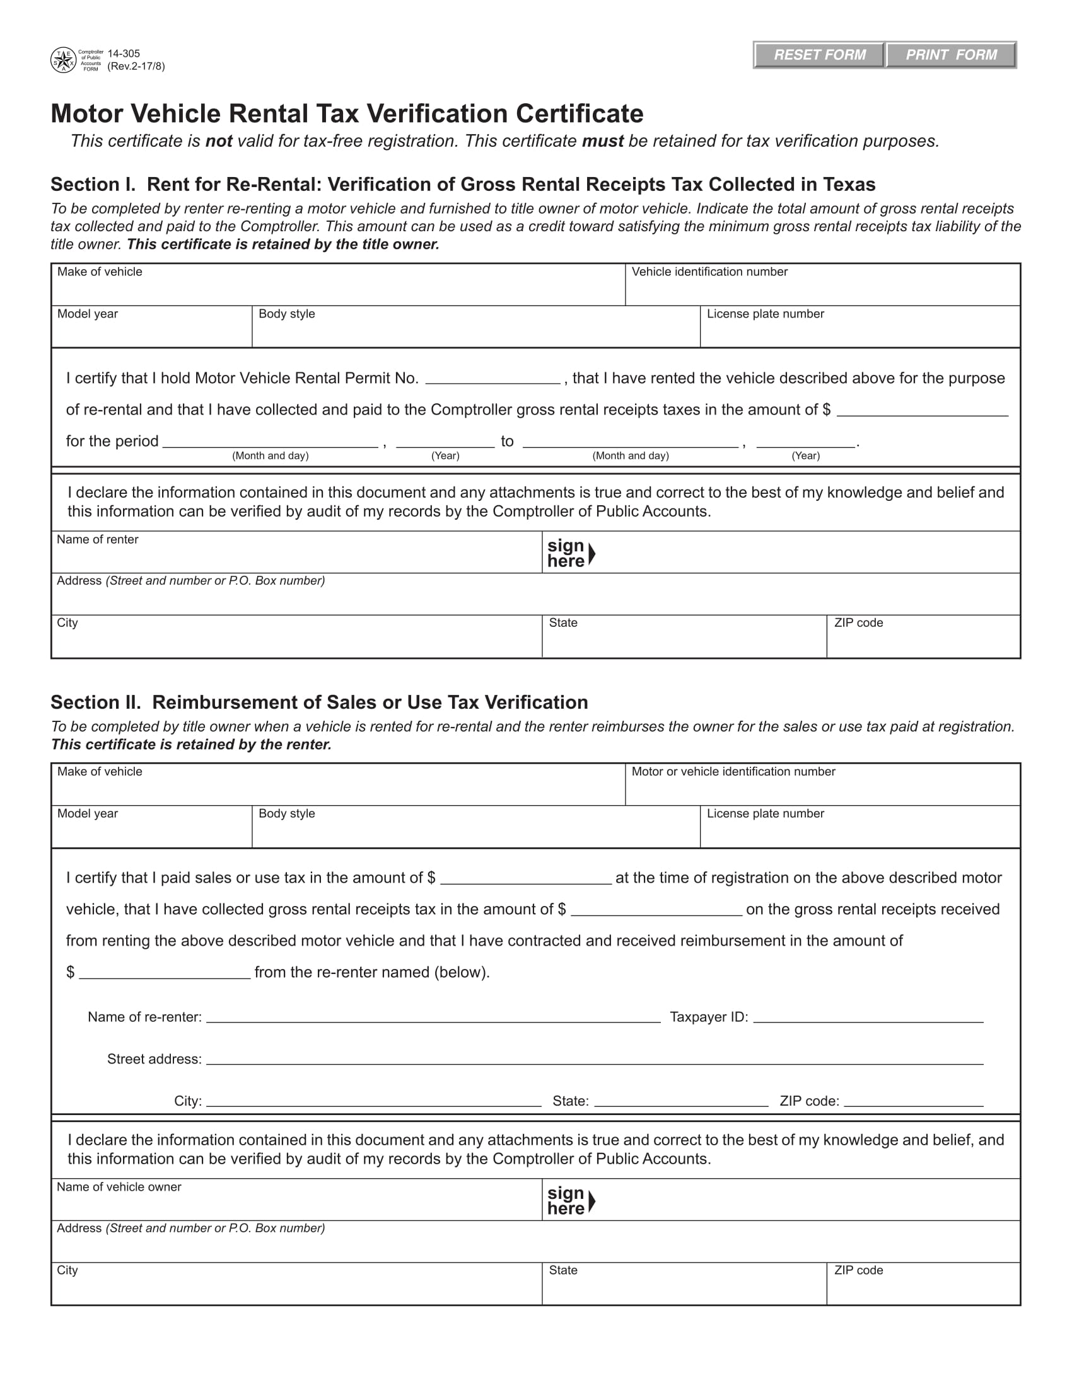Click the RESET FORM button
pyautogui.click(x=819, y=55)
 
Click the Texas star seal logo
pyautogui.click(x=63, y=60)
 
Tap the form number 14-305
pyautogui.click(x=124, y=54)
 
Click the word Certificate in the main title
pyautogui.click(x=579, y=114)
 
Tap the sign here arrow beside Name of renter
pyautogui.click(x=591, y=554)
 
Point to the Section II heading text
pyautogui.click(x=319, y=702)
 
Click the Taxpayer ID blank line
pyautogui.click(x=868, y=1017)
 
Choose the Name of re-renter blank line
pyautogui.click(x=433, y=1017)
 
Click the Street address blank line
pyautogui.click(x=595, y=1059)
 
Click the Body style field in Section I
pyautogui.click(x=475, y=332)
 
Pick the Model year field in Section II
pyautogui.click(x=151, y=832)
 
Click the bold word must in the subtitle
pyautogui.click(x=602, y=142)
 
